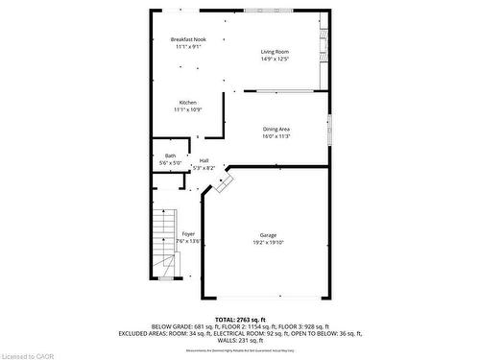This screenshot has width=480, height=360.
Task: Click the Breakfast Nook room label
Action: click(x=188, y=39)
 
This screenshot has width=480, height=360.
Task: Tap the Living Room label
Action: click(x=276, y=52)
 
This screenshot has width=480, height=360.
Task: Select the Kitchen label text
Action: click(x=187, y=102)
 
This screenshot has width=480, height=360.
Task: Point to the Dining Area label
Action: click(x=276, y=129)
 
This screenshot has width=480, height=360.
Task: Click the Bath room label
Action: click(x=170, y=156)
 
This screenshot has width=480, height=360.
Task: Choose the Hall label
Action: click(x=204, y=161)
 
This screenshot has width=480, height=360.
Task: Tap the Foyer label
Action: click(x=188, y=234)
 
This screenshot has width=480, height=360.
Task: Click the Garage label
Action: click(x=268, y=235)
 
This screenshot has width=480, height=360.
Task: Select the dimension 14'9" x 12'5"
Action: click(x=276, y=60)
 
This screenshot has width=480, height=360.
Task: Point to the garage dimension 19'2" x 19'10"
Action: click(x=268, y=242)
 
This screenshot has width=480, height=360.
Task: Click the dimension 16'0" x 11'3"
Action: click(x=276, y=136)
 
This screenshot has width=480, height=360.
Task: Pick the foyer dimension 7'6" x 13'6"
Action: click(x=188, y=241)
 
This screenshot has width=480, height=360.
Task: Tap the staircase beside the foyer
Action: click(x=162, y=240)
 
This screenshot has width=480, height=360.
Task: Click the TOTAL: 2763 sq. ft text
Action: click(x=239, y=319)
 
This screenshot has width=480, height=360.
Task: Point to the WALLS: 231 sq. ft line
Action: click(x=239, y=341)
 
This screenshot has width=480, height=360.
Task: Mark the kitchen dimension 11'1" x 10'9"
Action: click(x=187, y=109)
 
